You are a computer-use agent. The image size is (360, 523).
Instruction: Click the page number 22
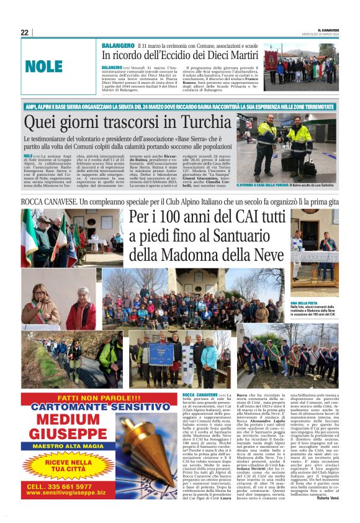pyautogui.click(x=24, y=33)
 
